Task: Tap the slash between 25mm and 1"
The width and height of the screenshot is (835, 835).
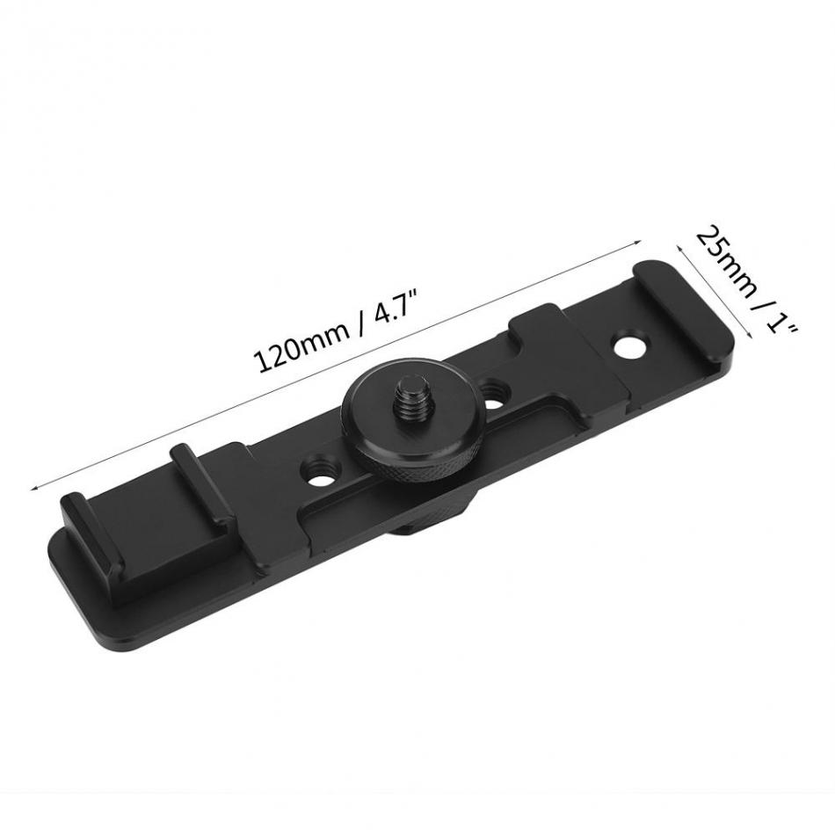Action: (x=758, y=300)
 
